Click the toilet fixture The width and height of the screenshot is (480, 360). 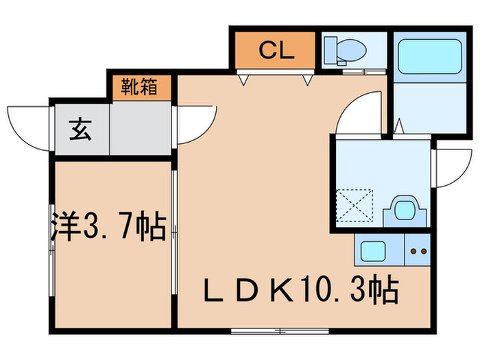click(343, 49)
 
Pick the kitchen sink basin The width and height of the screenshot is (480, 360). click(374, 252)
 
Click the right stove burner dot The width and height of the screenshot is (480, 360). click(421, 252)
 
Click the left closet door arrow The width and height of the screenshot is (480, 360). click(243, 80)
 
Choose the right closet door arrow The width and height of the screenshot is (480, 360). click(308, 80)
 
